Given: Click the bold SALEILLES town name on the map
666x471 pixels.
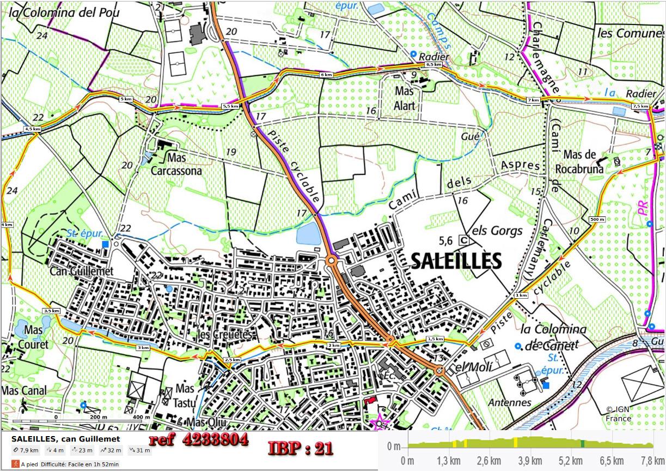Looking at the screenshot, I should coord(456,261).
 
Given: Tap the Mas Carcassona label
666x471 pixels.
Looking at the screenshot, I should coord(176,164).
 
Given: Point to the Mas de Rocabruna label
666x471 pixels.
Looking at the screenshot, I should coord(583,161).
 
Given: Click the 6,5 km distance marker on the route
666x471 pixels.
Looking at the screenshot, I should coord(433,64).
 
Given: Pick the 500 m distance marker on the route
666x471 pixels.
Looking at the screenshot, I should coord(597,219).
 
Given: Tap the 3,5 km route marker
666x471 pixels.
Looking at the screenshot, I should coord(51,310).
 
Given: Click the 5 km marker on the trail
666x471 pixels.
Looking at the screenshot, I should coord(125,99).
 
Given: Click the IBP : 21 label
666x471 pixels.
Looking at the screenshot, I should coord(300,448).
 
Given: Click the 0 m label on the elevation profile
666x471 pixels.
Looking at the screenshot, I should coord(393,447).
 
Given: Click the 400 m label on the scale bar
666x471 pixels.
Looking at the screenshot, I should coord(140,417).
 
